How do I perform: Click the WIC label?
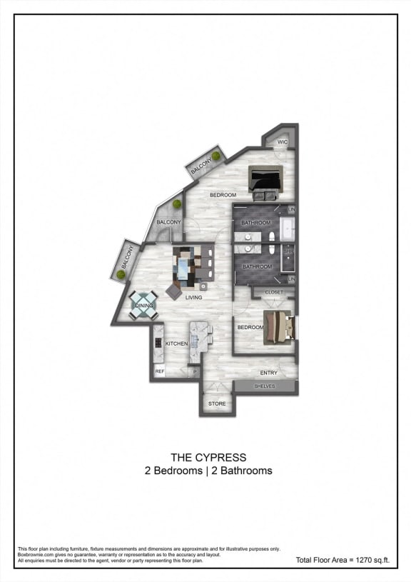[x=283, y=142]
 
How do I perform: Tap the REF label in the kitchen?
[x=160, y=371]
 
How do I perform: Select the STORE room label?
[x=217, y=404]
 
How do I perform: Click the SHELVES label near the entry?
[x=269, y=386]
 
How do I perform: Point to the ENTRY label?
[x=269, y=373]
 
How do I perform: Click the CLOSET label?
[x=274, y=292]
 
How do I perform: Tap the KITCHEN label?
[x=176, y=344]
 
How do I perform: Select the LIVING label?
[x=193, y=298]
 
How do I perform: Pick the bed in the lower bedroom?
[x=280, y=325]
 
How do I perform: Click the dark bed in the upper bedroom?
[x=265, y=181]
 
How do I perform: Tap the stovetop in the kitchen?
[x=158, y=342]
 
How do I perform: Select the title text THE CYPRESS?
[x=208, y=457]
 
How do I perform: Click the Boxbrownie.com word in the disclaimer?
[x=33, y=554]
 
